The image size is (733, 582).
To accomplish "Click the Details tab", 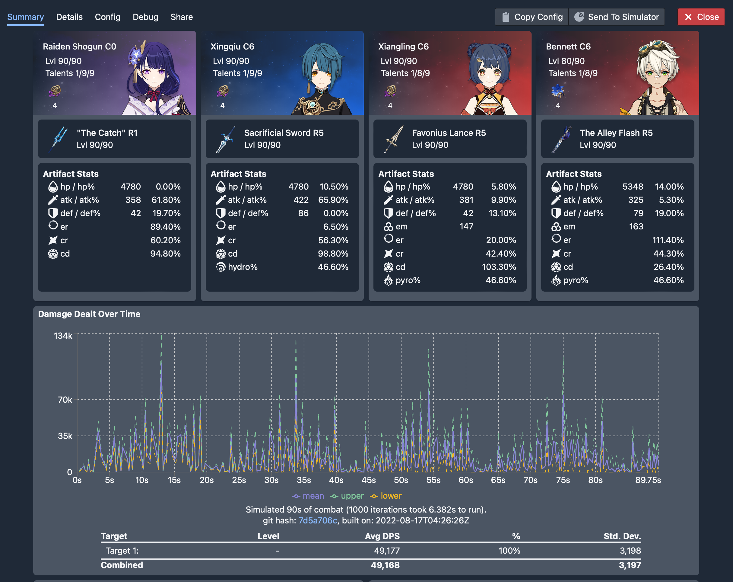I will (x=69, y=17).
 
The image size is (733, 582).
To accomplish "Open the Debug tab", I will (x=145, y=17).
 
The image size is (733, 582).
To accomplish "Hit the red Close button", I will (x=701, y=17).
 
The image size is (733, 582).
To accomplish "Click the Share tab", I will (x=182, y=17).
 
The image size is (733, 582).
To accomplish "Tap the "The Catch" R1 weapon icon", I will (x=59, y=139).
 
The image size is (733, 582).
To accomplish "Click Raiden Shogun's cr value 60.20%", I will (x=165, y=240).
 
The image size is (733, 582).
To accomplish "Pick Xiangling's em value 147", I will (x=466, y=226).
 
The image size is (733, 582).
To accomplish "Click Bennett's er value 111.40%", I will (x=668, y=240).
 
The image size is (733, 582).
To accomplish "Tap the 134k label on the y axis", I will (x=63, y=336).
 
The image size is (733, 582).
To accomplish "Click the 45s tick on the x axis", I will (x=369, y=480).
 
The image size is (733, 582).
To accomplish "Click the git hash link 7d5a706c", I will (x=318, y=520).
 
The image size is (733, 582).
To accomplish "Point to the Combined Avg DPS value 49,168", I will (x=385, y=565).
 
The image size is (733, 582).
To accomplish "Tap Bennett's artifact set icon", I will (x=557, y=91).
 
